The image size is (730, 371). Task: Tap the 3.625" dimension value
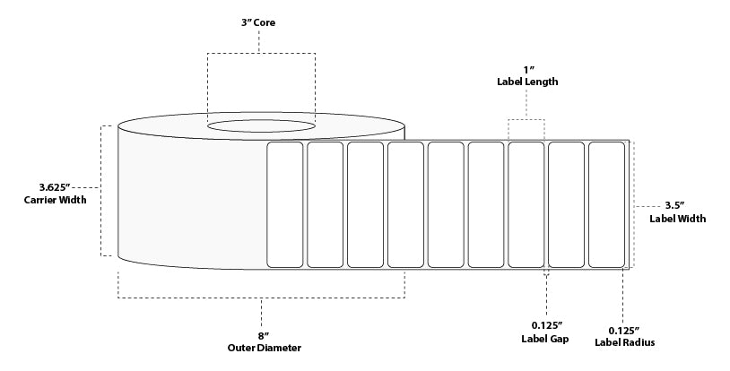(x=55, y=186)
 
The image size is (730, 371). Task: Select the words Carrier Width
(x=55, y=200)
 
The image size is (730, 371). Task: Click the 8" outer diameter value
(x=263, y=335)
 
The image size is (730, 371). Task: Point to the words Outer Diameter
(x=263, y=348)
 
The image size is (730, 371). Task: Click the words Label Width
(x=677, y=218)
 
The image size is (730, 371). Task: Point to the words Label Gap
(x=546, y=338)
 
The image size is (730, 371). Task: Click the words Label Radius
(x=624, y=342)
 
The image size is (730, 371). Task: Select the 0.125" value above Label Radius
(x=624, y=329)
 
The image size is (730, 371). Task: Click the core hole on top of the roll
(x=261, y=126)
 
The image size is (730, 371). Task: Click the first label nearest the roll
(x=286, y=203)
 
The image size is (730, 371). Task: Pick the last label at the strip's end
(x=606, y=203)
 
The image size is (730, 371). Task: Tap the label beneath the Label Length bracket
(x=526, y=203)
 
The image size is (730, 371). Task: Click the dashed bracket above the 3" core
(x=261, y=54)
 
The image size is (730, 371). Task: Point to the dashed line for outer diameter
(x=261, y=298)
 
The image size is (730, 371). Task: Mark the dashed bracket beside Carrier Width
(x=100, y=190)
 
